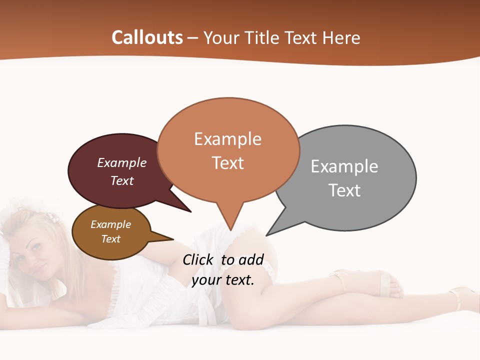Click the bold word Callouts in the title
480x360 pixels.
point(147,37)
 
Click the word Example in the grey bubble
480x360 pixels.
point(344,166)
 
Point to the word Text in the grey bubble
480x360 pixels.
point(344,190)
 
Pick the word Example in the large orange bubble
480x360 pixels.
point(227,139)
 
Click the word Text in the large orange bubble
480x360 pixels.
point(227,163)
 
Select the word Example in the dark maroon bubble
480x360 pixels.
point(122,162)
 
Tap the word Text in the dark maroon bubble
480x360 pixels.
point(122,180)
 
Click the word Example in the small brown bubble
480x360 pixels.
point(110,224)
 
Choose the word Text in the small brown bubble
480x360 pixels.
point(110,239)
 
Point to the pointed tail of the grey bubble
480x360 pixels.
point(272,230)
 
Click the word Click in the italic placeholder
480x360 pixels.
point(199,259)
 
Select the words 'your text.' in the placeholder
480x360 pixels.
point(223,280)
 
